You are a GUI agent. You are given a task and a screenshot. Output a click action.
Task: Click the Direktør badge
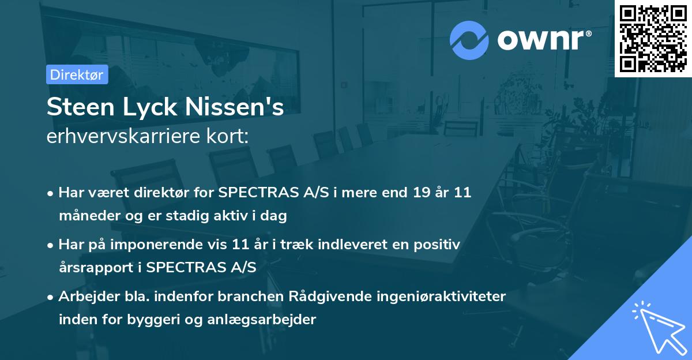77,74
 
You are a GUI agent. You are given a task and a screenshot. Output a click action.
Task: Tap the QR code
653,38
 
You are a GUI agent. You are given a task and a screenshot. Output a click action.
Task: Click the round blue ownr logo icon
469,40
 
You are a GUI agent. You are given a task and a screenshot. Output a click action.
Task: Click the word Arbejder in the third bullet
85,297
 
